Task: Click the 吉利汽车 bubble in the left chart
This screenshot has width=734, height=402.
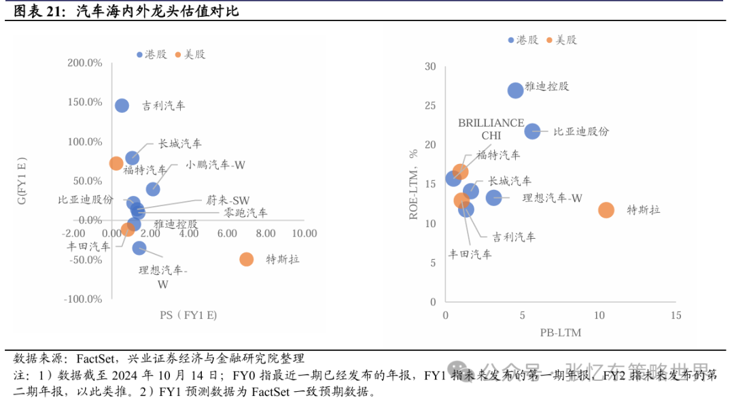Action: (122, 105)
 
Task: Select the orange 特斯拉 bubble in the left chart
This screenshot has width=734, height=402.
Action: (247, 259)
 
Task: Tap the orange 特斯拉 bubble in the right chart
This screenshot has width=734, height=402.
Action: (606, 210)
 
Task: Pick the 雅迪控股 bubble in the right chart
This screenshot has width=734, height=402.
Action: (516, 90)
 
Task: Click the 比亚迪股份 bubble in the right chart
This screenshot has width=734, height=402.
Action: (532, 131)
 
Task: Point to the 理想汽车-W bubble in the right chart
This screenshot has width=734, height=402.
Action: (493, 197)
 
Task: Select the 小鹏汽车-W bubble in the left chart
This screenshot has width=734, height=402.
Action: (153, 189)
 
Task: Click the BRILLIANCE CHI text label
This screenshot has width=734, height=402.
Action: (491, 129)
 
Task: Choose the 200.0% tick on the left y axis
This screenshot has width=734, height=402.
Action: (85, 63)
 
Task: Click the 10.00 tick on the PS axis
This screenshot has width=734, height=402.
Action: (304, 233)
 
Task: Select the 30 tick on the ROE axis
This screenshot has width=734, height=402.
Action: (430, 67)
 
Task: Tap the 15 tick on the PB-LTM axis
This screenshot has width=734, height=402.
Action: (675, 316)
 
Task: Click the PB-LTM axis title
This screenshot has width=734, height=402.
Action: (561, 333)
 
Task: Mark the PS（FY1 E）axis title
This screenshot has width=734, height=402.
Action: (188, 315)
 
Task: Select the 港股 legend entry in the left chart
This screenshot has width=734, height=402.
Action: (151, 54)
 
